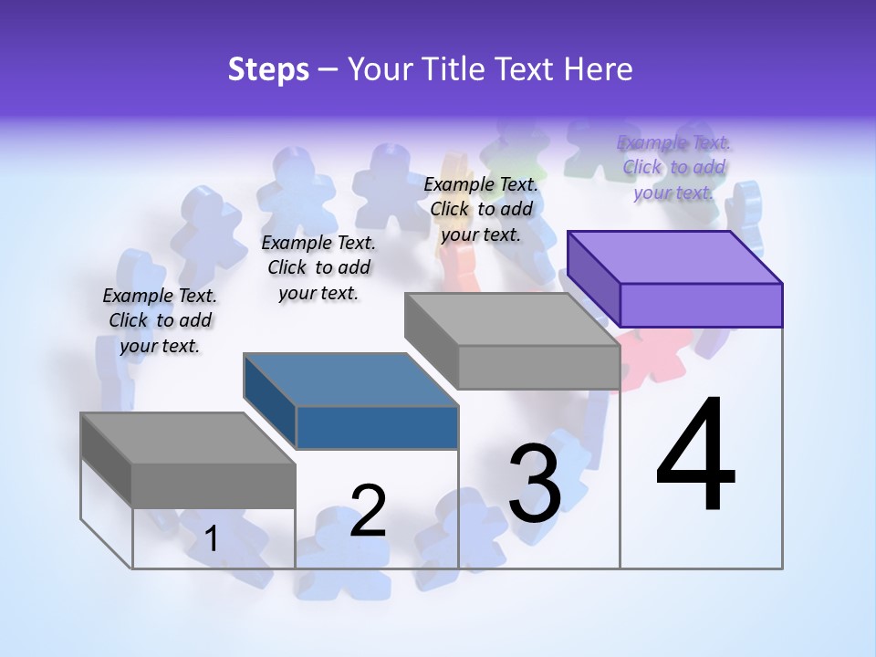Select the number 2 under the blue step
pos(368,510)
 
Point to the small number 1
pos(211,539)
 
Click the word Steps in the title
pos(268,69)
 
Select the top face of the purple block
pos(675,256)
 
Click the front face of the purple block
pos(701,305)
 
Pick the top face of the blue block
pos(351,379)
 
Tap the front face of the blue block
pos(377,427)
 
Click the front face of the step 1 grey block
pos(214,485)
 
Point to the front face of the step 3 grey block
pos(538,367)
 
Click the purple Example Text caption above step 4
pos(673,167)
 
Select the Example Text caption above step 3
pos(481,209)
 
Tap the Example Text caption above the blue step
pos(318,267)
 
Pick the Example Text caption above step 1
pos(160,320)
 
